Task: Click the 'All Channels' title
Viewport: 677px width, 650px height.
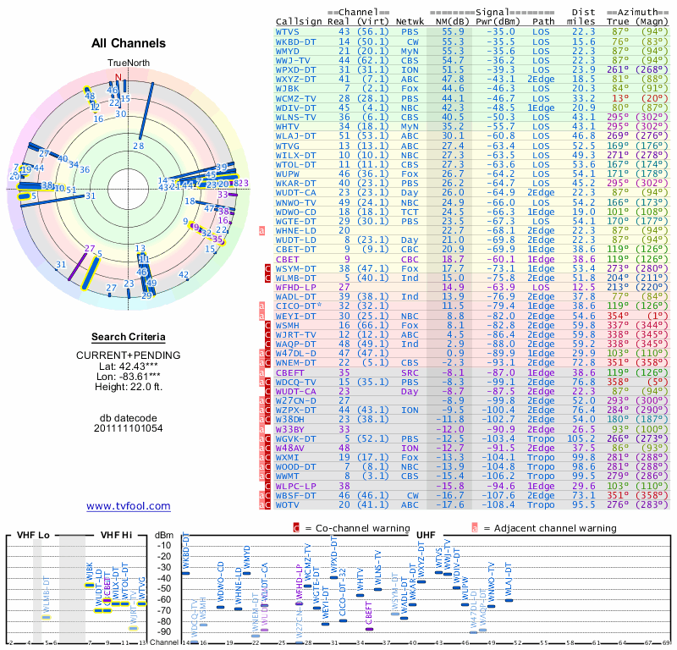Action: [x=129, y=43]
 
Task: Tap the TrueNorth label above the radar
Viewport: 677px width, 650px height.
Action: [x=127, y=63]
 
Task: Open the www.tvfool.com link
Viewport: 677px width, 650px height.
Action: [x=129, y=506]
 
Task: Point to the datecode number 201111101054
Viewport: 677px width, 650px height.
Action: [x=129, y=428]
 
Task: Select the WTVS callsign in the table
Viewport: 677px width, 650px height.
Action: [x=288, y=31]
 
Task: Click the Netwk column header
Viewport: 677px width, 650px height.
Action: [x=410, y=21]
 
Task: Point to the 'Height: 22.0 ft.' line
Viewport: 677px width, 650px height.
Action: [x=129, y=388]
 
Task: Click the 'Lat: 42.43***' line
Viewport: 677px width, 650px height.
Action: [x=129, y=365]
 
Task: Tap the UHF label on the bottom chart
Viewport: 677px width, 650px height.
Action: [x=427, y=536]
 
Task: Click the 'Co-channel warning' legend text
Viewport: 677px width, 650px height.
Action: [x=350, y=527]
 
